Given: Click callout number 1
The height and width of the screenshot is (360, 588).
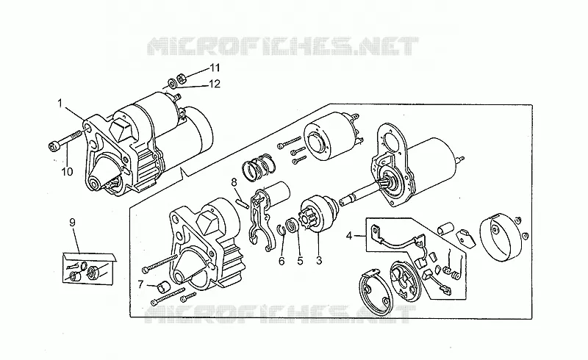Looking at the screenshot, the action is coord(60,102).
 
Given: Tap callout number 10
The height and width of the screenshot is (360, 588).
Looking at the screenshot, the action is coord(67,172).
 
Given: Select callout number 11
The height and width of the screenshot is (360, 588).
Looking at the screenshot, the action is coord(215,68).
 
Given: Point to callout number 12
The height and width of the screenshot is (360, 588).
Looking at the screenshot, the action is coord(215,84).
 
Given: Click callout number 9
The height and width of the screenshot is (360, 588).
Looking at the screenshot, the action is coord(72,223).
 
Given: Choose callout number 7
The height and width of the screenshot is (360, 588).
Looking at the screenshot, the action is coord(140,284).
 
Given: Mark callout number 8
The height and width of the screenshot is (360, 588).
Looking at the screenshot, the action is coord(234,182).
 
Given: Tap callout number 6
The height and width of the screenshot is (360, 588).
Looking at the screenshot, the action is coord(282,261).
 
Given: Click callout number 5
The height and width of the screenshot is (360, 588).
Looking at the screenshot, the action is coord(300,261).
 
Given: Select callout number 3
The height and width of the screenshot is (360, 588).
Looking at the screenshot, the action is coord(319,261).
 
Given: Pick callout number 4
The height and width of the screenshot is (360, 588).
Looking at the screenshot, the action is coord(349,236).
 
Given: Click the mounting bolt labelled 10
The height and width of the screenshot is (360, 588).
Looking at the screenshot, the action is coord(66,140).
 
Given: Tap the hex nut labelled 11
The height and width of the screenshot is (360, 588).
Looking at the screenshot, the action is coord(179,77).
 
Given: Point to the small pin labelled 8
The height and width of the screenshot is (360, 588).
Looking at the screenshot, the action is coord(243,203).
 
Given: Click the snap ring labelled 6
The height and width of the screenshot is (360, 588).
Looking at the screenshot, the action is coord(282,229).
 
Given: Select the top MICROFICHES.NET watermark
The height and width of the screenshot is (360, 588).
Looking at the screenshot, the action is coord(282,46).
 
